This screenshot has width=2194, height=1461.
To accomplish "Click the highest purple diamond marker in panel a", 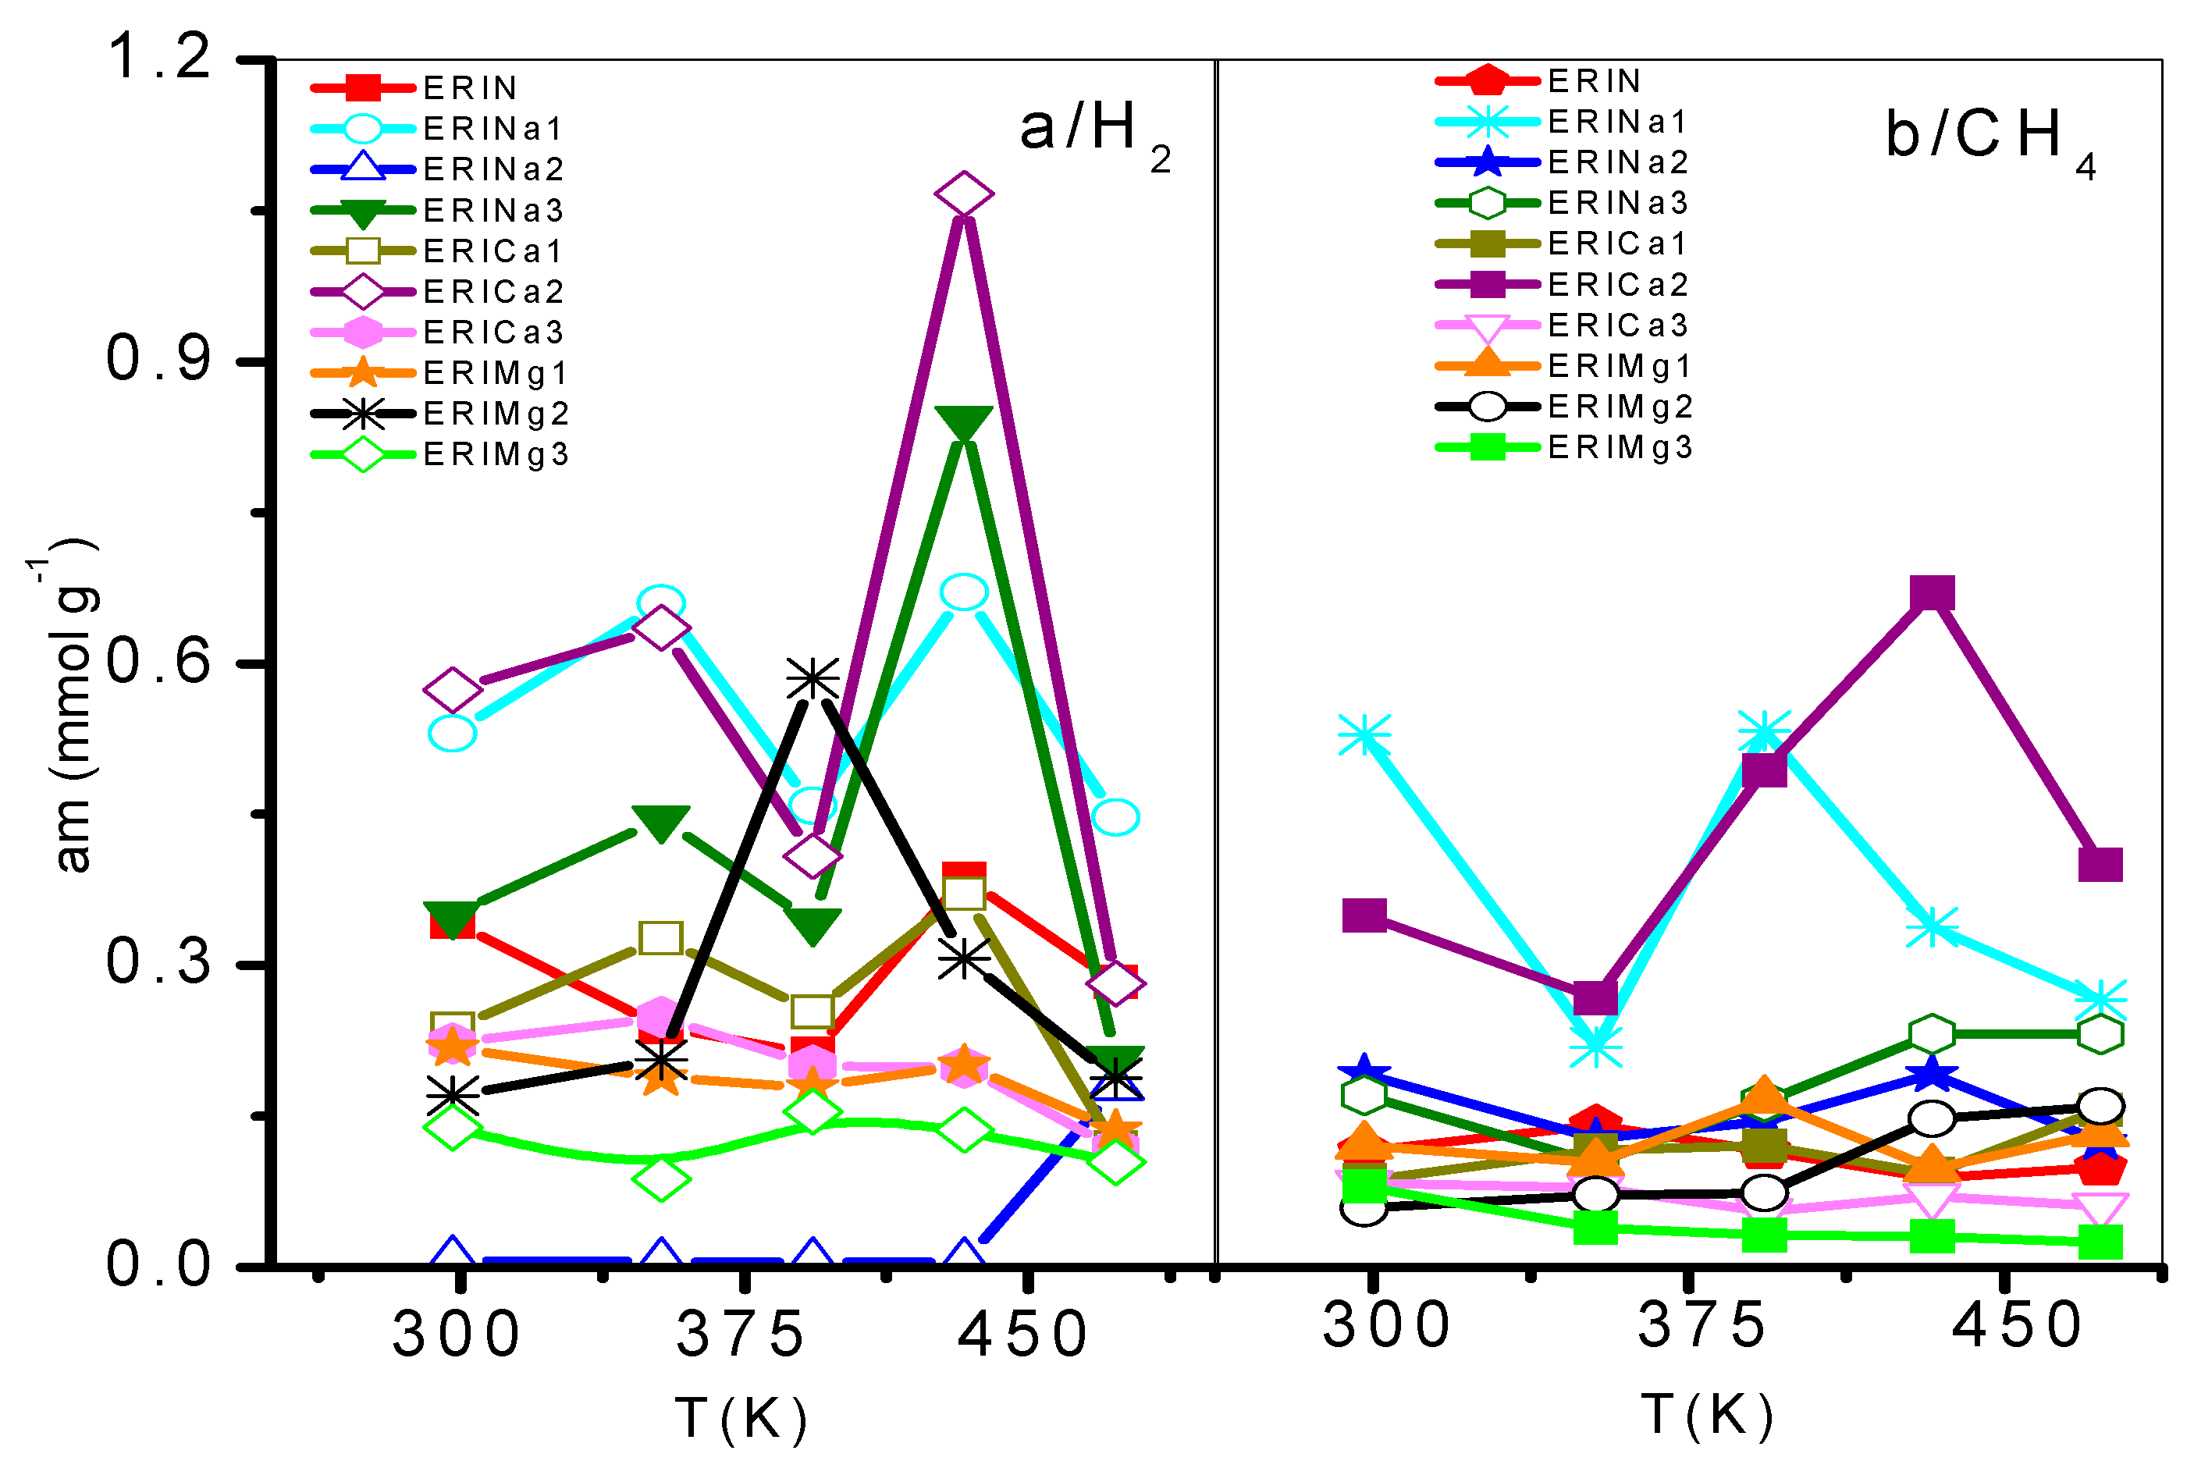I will click(x=963, y=194).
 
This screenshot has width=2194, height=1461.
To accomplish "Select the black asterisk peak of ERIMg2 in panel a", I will click(x=813, y=678).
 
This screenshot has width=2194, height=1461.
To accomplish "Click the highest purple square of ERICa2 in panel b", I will click(x=1931, y=592).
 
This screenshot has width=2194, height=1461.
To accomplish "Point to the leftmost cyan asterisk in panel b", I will click(x=1365, y=735).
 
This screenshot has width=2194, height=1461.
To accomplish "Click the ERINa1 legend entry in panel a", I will click(x=438, y=128).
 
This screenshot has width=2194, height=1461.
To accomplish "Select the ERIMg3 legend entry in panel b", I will click(x=1565, y=447).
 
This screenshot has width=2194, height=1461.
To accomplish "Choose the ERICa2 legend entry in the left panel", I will click(x=438, y=292).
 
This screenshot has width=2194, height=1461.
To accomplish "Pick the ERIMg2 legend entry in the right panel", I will click(x=1565, y=407).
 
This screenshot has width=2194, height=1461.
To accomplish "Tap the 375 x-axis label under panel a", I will click(x=741, y=1335).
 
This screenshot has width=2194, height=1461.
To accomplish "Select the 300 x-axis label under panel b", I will click(x=1386, y=1325).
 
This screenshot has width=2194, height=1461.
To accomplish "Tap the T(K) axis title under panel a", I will click(x=741, y=1418).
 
